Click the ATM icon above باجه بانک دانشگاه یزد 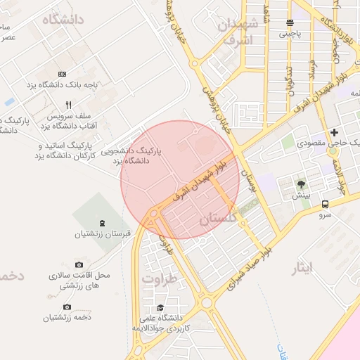click(62, 73)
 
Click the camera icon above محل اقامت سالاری click(79, 264)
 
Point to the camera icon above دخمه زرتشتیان click(67, 307)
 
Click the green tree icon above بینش click(302, 184)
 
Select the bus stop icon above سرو click(325, 205)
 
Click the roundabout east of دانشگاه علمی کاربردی click(207, 304)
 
